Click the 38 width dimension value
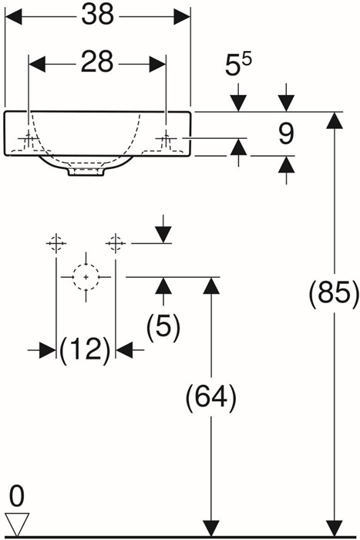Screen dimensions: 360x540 point(98,15)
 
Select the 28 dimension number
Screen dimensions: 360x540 point(97,62)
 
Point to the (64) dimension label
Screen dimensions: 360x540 point(211,397)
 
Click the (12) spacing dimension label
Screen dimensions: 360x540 point(86,349)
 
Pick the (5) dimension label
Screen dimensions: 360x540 point(163,327)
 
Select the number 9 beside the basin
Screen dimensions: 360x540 point(286,133)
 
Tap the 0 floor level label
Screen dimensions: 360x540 point(16,497)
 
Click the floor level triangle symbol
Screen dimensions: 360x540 point(17,524)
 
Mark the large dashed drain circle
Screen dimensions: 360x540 point(86,277)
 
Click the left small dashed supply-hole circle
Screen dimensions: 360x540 point(56,243)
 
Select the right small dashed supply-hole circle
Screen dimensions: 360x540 point(116,243)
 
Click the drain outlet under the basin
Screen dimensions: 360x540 point(86,171)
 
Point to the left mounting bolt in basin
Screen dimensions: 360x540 point(29,139)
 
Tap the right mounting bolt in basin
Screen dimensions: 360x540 point(166,139)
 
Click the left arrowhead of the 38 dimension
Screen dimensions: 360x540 point(13,16)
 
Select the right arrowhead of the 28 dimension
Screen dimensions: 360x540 point(157,64)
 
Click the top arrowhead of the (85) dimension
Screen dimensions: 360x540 point(335,120)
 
